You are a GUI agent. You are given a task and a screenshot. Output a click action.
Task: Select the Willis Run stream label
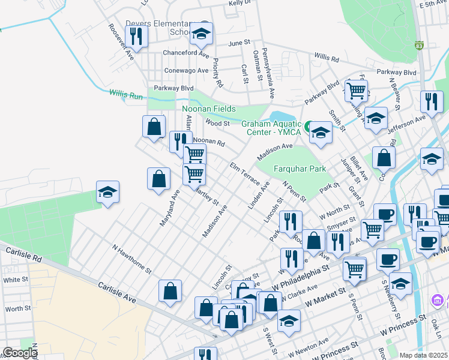126,94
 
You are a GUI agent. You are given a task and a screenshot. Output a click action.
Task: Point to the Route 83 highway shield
419,46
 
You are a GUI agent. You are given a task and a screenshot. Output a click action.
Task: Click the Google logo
19,353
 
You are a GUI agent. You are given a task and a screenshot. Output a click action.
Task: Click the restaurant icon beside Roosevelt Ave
136,37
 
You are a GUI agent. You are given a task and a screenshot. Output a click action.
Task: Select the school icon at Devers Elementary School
201,34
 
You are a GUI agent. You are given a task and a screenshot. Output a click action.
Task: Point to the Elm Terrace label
245,173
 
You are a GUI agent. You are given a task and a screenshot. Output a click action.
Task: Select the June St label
238,43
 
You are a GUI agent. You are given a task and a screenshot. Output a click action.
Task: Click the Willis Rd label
326,58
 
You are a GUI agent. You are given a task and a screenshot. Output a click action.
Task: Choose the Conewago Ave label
186,70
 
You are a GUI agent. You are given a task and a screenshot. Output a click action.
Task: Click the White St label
16,280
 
